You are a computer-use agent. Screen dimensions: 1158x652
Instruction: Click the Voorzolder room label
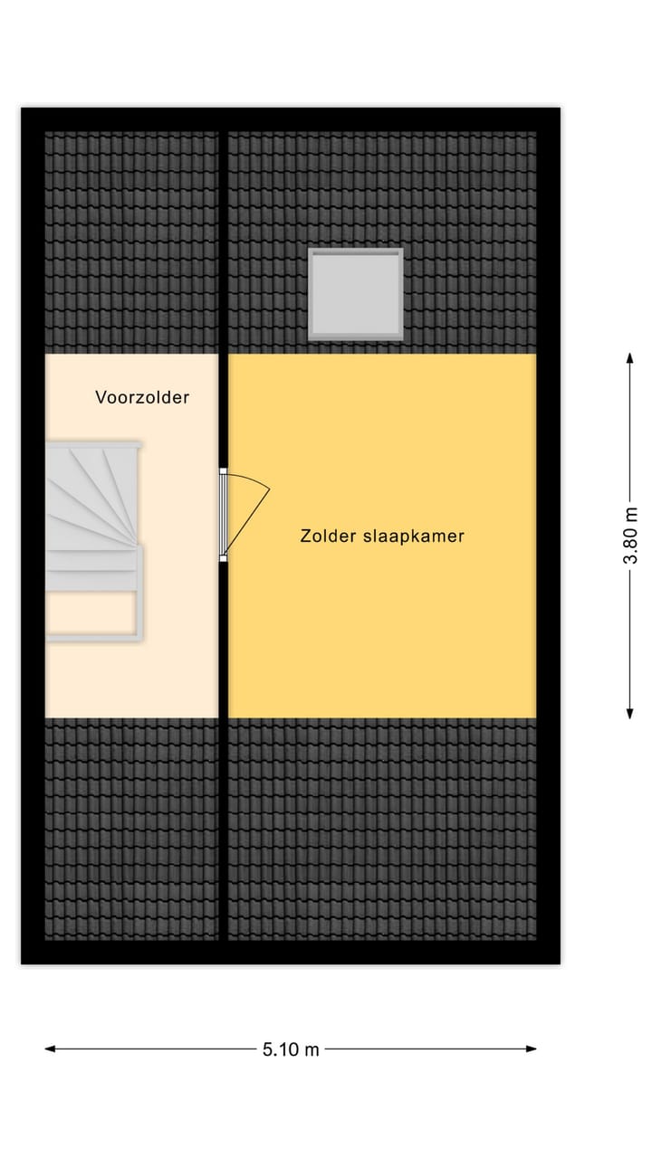pos(142,397)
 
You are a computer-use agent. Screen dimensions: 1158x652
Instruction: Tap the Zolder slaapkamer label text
pos(382,536)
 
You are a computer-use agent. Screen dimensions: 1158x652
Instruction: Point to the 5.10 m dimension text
pos(291,1049)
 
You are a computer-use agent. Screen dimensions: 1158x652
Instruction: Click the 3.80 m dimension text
pos(630,536)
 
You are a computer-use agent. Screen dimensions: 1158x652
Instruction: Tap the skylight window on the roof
pos(355,293)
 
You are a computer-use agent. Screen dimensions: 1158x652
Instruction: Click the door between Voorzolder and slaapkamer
pos(224,514)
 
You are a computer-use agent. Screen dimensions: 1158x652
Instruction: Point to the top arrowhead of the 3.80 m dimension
pos(630,358)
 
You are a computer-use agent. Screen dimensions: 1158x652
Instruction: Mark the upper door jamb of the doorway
pos(224,470)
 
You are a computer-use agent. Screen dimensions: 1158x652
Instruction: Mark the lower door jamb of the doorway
pos(224,558)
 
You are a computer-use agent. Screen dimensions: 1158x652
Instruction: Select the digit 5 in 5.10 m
pos(268,1049)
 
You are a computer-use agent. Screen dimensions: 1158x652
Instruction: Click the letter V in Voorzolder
pos(101,397)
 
